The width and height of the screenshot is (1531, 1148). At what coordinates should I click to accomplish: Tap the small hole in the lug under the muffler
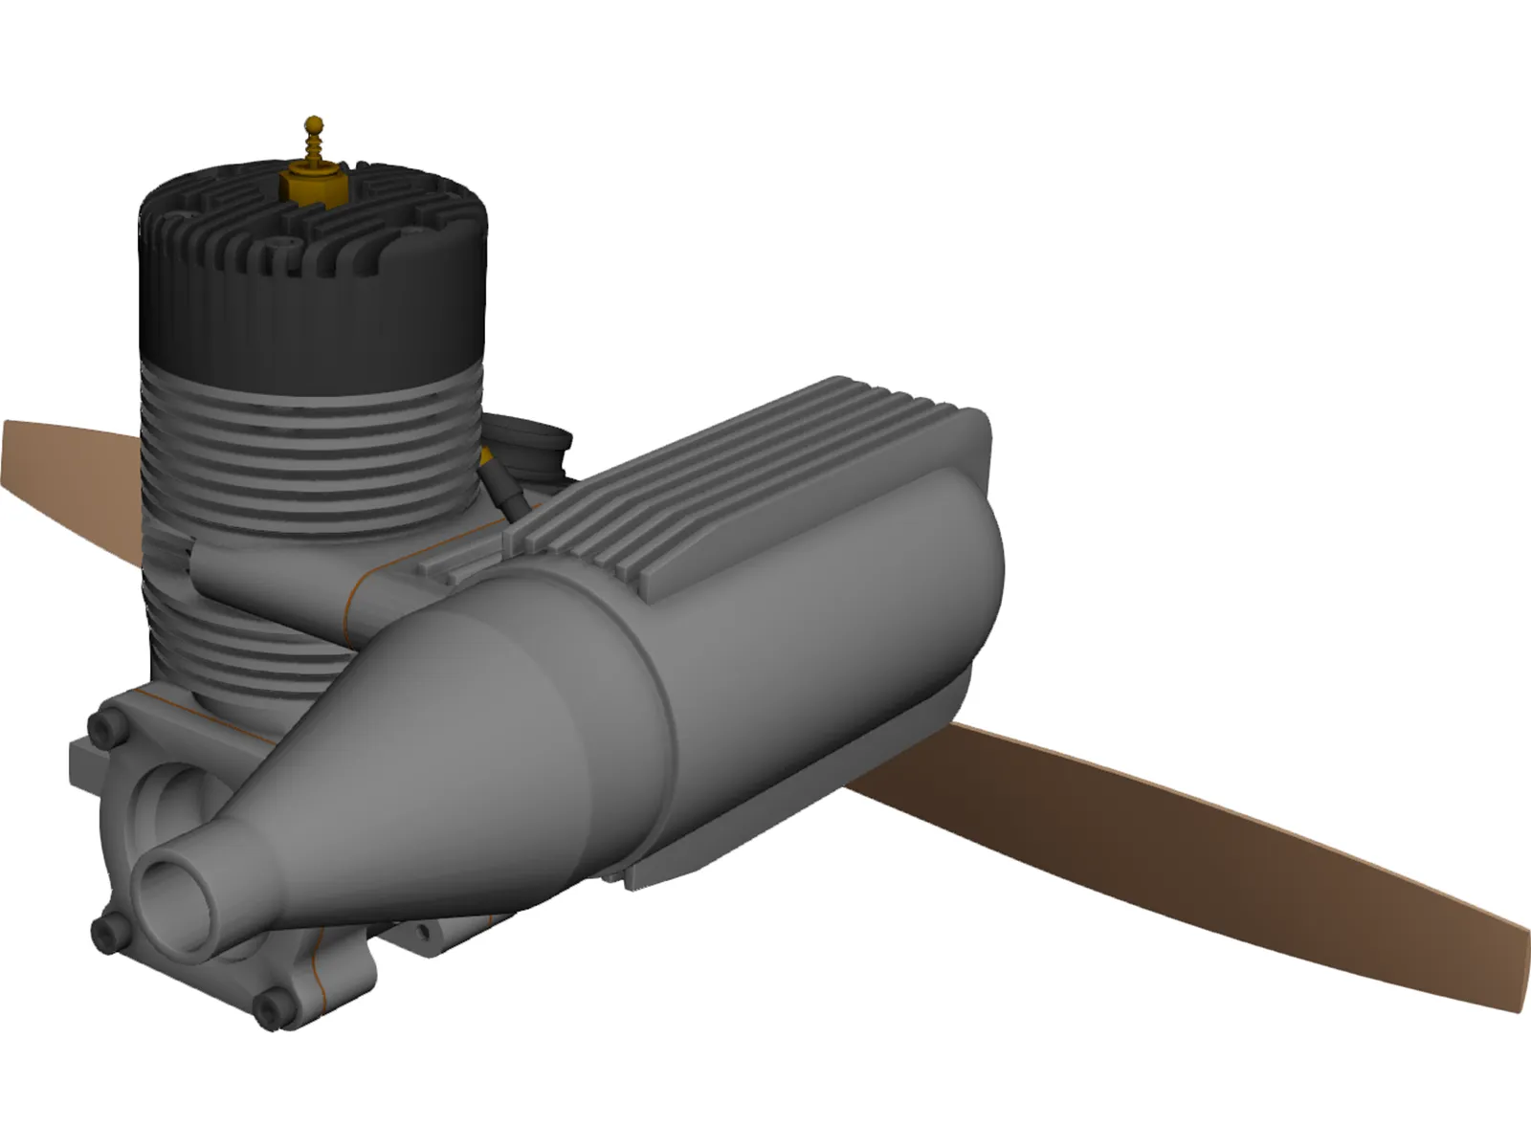pyautogui.click(x=422, y=931)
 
